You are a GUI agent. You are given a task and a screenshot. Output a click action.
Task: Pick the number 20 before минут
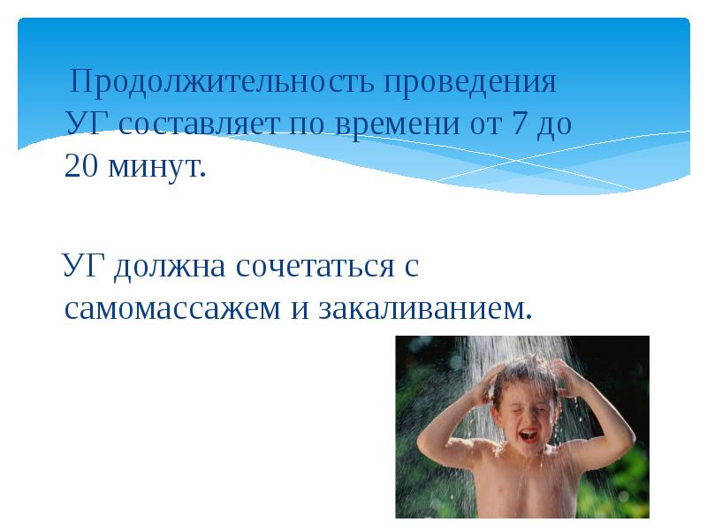pyautogui.click(x=81, y=166)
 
